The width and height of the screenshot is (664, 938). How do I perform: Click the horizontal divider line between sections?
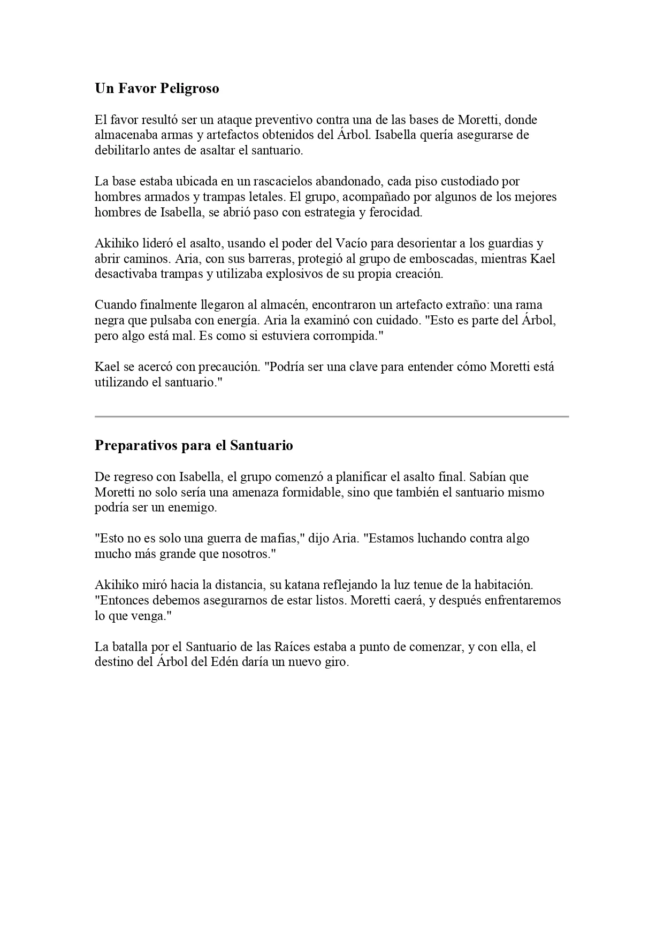(332, 416)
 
